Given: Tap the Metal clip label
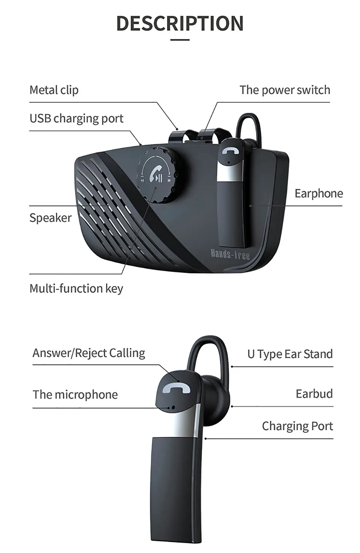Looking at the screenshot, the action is point(54,90).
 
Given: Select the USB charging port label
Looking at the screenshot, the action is point(76,118).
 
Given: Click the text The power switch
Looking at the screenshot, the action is point(285,90).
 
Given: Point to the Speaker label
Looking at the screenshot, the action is point(51,218).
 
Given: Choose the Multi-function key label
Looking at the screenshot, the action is point(76,288).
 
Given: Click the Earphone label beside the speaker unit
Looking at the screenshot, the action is point(319,193).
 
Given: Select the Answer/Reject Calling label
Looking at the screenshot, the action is point(89,353).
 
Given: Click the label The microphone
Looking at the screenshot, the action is point(75,394).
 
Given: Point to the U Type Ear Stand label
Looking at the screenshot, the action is point(290,354).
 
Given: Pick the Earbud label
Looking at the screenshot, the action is point(314,394).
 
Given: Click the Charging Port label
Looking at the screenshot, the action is point(297,426).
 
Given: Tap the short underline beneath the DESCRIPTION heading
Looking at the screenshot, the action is point(180,39).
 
